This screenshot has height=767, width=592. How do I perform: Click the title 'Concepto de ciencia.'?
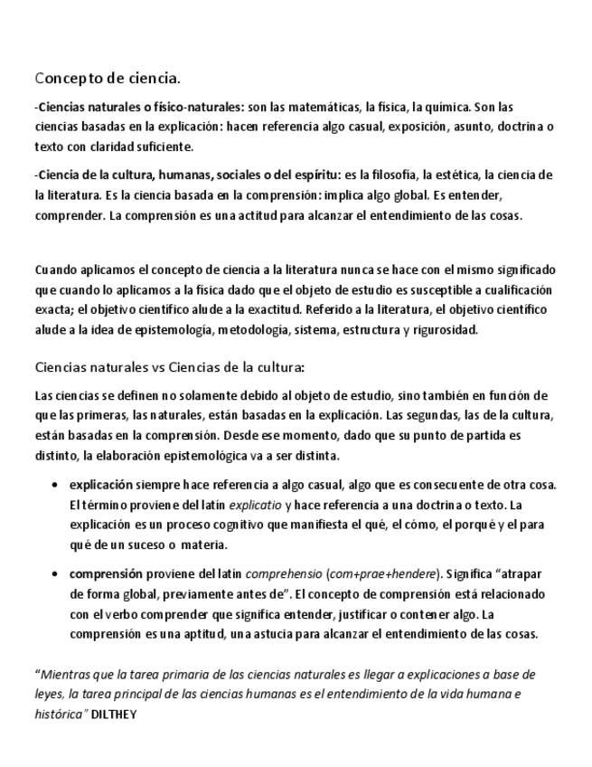[x=108, y=77]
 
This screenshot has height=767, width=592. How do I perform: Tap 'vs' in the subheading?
[x=155, y=367]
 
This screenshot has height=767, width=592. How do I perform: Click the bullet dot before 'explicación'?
[x=58, y=485]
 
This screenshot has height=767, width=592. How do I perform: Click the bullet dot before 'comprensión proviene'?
[x=58, y=574]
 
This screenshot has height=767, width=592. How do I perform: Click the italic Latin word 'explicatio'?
[x=255, y=505]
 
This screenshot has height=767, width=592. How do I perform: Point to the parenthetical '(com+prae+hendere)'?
[x=381, y=574]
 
